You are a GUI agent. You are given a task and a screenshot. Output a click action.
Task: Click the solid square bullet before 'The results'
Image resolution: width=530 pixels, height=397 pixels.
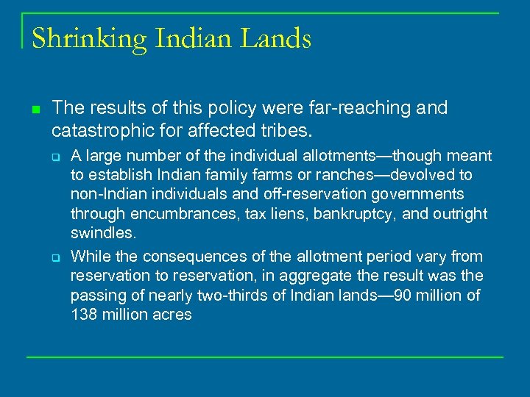[35, 111]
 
